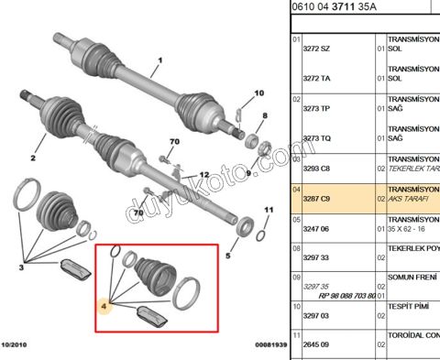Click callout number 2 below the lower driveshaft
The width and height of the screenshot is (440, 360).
pyautogui.click(x=32, y=158)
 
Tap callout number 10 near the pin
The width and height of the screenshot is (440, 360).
pyautogui.click(x=258, y=93)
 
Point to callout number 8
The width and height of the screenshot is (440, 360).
pyautogui.click(x=265, y=115)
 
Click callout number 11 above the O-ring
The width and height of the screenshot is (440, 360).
pyautogui.click(x=269, y=210)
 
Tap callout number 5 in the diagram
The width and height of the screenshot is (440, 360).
pyautogui.click(x=228, y=256)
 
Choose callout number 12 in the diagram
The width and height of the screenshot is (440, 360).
pyautogui.click(x=203, y=174)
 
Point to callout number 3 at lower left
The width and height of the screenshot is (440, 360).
pyautogui.click(x=23, y=267)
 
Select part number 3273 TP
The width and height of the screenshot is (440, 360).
pyautogui.click(x=317, y=108)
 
